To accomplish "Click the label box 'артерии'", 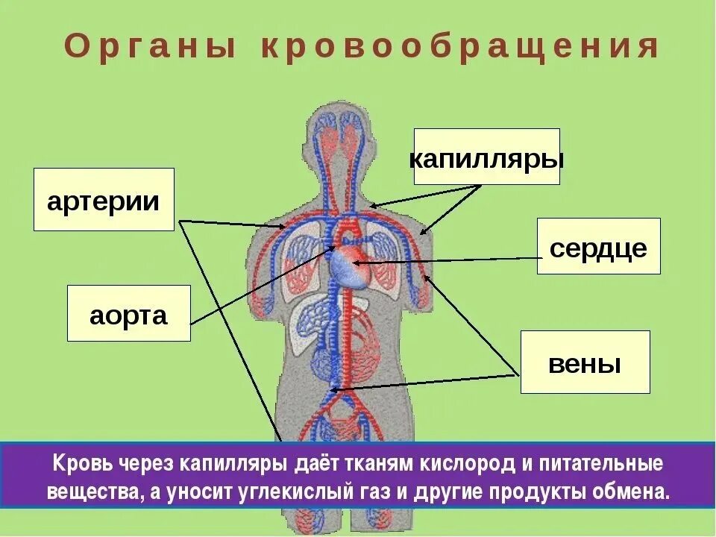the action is pos(104,199).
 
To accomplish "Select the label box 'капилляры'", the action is pos(486,157).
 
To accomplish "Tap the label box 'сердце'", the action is pos(598,246).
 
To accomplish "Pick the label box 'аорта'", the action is pos(128,313).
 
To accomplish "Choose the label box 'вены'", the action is pos(585,362).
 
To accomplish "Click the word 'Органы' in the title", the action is pos(150,47).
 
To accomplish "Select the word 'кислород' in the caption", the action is pos(468,464).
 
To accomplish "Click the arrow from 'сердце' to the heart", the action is pos(447,260).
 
